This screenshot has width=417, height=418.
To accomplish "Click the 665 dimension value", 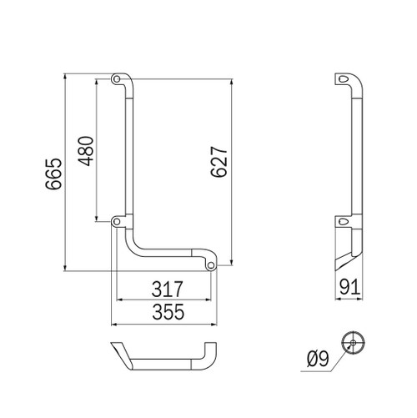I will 52,174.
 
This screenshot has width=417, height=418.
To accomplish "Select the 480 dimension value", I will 85,150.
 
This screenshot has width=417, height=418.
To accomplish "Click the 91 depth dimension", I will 351,290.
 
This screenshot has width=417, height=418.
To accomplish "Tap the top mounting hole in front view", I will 115,80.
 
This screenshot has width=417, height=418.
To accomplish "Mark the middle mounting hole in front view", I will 115,221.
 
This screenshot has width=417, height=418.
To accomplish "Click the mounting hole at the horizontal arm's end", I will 210,265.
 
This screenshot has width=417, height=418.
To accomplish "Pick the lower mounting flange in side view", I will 344,221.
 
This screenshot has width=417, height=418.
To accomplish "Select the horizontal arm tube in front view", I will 171,253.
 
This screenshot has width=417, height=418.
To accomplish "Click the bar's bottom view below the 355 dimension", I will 163,357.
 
